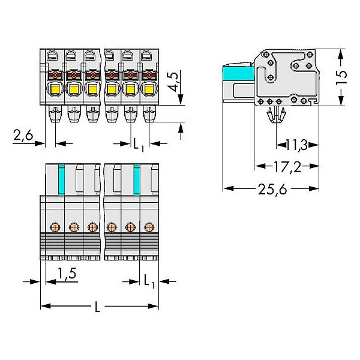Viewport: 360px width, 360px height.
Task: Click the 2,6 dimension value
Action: point(22,136)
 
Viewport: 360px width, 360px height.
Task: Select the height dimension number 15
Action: point(341,77)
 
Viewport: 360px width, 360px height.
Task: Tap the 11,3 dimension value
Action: point(296,144)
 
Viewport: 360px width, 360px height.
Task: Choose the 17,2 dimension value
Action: point(286,166)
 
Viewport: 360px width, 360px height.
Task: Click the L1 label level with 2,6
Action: point(139,144)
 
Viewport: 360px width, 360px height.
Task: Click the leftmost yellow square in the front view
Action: point(55,90)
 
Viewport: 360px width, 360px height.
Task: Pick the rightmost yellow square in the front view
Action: point(148,90)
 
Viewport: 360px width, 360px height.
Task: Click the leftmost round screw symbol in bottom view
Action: point(55,227)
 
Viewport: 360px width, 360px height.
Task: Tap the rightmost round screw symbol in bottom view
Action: point(149,227)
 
